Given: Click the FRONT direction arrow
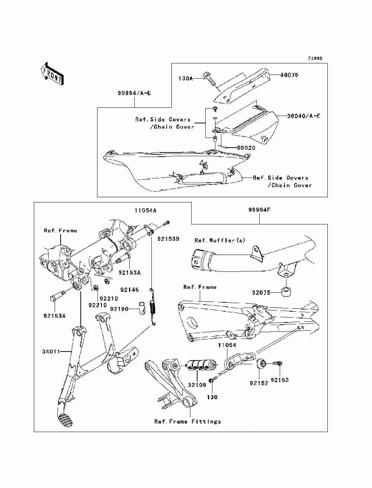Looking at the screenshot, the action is (52, 73).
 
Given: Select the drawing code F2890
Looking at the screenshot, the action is (315, 59).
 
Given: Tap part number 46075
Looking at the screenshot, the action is (289, 75).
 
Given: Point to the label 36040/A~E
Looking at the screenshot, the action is (304, 116).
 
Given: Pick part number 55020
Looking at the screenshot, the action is (246, 148).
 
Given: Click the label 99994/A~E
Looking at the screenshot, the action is (134, 93).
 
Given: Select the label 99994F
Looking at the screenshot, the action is (259, 210).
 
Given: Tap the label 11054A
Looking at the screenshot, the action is (145, 210).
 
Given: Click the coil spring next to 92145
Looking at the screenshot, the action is (152, 306).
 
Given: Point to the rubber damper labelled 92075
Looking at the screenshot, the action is (286, 292).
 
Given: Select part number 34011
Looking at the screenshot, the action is (51, 352).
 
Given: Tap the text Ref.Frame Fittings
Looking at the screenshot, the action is (187, 422).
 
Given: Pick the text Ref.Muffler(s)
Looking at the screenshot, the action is (220, 240).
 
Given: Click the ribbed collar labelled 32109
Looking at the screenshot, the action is (201, 365).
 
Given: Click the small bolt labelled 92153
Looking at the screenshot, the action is (277, 363).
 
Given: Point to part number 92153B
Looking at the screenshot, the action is (168, 239).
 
